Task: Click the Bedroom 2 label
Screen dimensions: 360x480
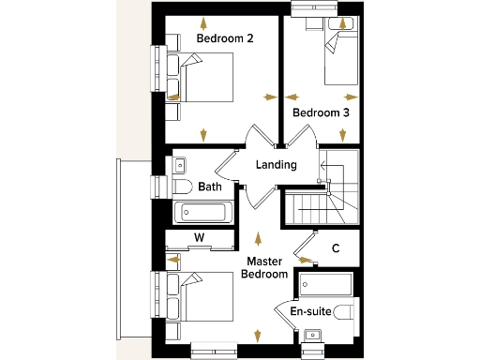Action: [x=225, y=38]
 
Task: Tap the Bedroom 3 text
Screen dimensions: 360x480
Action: [x=321, y=112]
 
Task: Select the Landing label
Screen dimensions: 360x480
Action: [x=276, y=165]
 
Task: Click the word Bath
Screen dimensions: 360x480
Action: [x=210, y=187]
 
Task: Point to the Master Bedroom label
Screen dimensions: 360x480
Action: [x=265, y=267]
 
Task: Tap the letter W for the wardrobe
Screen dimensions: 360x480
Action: [x=199, y=237]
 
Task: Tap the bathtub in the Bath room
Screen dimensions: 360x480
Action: [x=203, y=212]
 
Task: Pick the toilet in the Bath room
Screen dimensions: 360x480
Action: [x=182, y=187]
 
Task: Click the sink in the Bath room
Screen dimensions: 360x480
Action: [x=179, y=165]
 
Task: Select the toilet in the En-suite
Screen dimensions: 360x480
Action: [x=346, y=310]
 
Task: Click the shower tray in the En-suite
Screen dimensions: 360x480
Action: [x=324, y=283]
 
